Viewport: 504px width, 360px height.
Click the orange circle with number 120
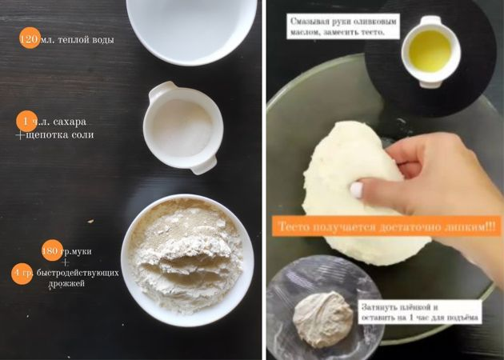click(30, 38)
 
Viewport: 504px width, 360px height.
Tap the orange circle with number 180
click(52, 250)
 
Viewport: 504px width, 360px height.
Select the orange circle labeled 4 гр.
click(22, 274)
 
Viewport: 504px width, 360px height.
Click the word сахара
click(70, 122)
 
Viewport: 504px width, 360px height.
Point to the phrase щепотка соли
click(60, 134)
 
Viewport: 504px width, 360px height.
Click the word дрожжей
click(66, 284)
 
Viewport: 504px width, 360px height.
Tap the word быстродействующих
click(78, 273)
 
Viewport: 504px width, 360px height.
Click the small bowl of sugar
click(182, 128)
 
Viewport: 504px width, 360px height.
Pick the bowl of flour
click(187, 260)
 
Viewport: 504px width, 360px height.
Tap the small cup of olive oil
click(430, 51)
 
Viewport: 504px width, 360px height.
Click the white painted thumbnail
click(356, 190)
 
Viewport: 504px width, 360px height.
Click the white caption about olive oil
click(343, 26)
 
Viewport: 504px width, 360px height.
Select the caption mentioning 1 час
click(420, 312)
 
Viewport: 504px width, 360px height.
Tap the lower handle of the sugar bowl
click(204, 165)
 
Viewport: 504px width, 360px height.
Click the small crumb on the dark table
click(90, 221)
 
